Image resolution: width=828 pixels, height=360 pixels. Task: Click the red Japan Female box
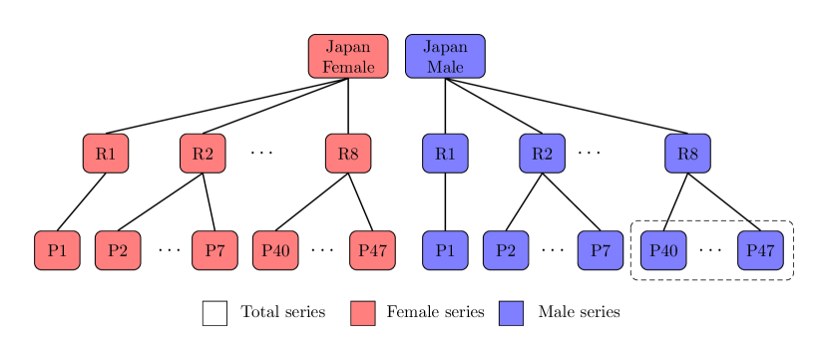pos(347,56)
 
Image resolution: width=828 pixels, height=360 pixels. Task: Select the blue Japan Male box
pos(445,56)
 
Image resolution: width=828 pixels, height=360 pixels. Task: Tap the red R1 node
pos(106,154)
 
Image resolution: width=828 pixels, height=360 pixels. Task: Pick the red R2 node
pos(203,154)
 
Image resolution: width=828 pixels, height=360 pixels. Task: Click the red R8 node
pos(348,154)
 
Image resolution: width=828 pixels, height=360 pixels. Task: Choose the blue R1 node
pos(445,154)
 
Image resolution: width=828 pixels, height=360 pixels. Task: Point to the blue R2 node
pos(542,154)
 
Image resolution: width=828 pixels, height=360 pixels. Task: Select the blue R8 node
pos(687,154)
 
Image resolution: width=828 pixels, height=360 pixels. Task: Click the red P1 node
pos(57,250)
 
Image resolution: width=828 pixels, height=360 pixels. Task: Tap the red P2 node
pos(118,250)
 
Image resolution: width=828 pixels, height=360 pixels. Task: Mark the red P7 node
pos(214,250)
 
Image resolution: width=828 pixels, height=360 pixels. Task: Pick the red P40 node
pos(275,250)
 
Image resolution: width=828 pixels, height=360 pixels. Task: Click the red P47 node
pos(372,250)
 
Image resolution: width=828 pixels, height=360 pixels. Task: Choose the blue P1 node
pos(445,250)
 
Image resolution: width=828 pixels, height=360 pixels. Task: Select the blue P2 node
pos(506,250)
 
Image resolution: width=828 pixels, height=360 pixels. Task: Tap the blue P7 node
pos(601,250)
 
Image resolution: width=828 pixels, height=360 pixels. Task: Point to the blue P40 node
pos(663,250)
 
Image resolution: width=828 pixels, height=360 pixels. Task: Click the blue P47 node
pos(760,250)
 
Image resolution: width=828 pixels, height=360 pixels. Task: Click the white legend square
pos(214,313)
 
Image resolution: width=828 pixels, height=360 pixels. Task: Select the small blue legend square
pos(511,313)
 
